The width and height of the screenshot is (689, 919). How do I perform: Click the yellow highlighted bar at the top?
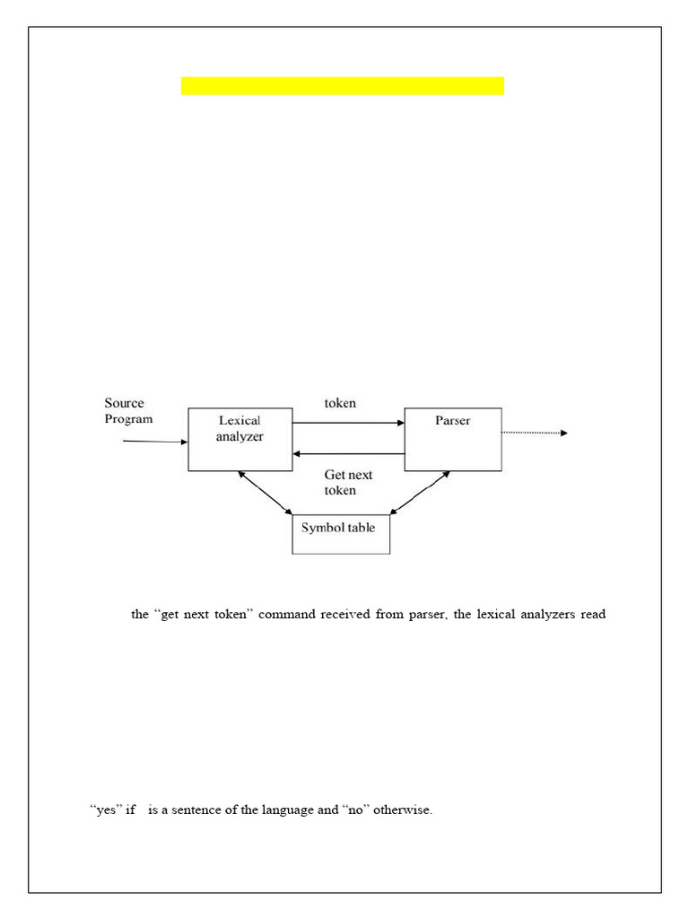click(x=342, y=86)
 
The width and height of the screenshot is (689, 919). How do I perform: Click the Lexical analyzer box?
click(x=240, y=439)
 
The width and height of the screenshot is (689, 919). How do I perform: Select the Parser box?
click(x=453, y=439)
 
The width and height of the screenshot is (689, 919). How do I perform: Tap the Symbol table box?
click(x=341, y=534)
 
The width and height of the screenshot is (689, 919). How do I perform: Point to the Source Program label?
click(x=128, y=411)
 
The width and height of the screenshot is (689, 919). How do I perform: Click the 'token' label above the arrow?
click(x=340, y=403)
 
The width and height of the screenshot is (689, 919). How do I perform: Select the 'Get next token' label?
click(x=348, y=483)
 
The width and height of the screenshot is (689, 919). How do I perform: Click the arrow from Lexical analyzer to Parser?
click(x=348, y=422)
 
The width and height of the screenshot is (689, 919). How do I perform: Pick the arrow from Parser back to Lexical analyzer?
click(x=348, y=454)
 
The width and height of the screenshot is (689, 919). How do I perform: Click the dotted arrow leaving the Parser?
click(x=535, y=433)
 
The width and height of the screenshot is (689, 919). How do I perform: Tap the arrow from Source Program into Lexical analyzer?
click(x=154, y=442)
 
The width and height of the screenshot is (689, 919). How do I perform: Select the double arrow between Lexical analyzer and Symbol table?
click(x=266, y=493)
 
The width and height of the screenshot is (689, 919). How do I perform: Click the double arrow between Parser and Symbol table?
click(x=420, y=493)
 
